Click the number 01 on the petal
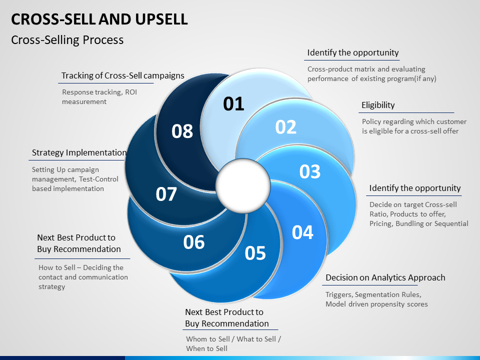click(x=233, y=104)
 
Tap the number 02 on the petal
click(x=286, y=127)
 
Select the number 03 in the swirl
click(x=310, y=171)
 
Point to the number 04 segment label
click(x=302, y=232)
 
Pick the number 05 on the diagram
click(x=255, y=253)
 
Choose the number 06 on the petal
click(x=194, y=242)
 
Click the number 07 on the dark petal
click(x=166, y=194)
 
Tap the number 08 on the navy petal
click(x=182, y=131)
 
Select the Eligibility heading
click(x=378, y=105)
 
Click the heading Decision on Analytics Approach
click(x=385, y=277)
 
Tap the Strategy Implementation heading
click(x=79, y=152)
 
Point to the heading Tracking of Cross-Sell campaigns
click(x=123, y=75)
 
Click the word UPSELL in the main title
click(x=161, y=19)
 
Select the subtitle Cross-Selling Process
click(x=67, y=40)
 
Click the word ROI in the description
click(x=131, y=92)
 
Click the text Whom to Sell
click(x=208, y=339)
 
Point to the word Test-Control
click(x=98, y=179)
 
